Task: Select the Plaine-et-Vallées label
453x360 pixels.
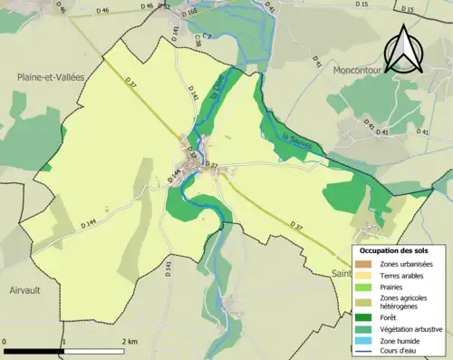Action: point(50,78)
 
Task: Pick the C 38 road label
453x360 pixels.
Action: point(198,41)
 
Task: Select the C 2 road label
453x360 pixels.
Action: point(206,35)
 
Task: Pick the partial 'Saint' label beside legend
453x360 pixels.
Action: point(341,272)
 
